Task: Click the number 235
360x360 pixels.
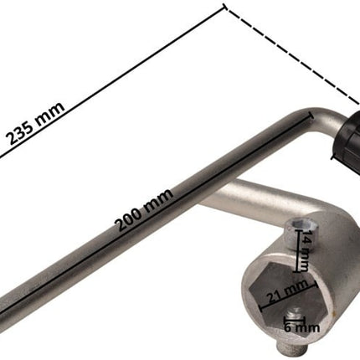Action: click(x=21, y=134)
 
